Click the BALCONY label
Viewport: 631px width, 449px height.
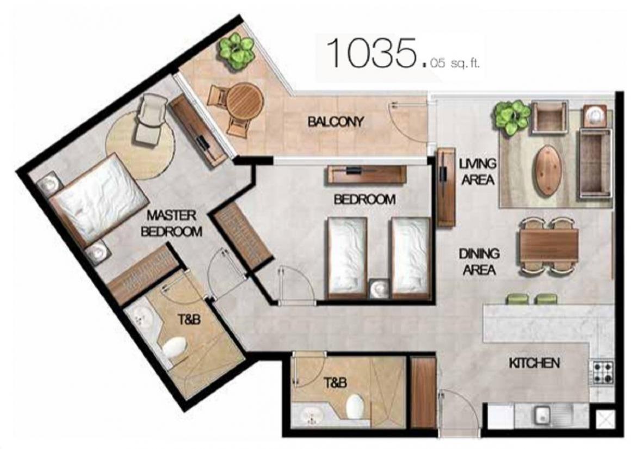pos(336,121)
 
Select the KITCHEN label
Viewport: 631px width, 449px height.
pos(534,363)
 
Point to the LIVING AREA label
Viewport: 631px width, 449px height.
pos(478,171)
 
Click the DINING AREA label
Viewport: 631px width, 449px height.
pos(479,261)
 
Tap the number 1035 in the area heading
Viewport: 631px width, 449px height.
pos(370,53)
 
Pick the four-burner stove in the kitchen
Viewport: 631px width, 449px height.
pos(602,373)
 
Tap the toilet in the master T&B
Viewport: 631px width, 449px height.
pos(174,347)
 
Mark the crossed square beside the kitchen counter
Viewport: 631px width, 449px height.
pos(603,420)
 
